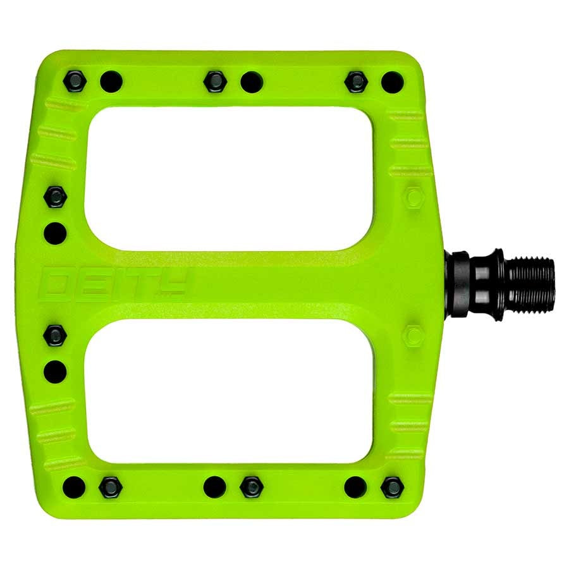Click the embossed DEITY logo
(x=114, y=284)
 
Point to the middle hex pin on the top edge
(x=215, y=80)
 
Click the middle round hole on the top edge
(x=250, y=81)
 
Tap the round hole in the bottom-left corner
(x=75, y=486)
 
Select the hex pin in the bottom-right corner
(x=392, y=486)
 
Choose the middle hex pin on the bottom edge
(x=251, y=486)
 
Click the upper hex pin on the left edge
(x=55, y=197)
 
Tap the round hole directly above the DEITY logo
(x=55, y=233)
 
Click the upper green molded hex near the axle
(x=415, y=197)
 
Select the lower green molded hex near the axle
(x=415, y=335)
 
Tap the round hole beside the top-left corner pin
(x=110, y=81)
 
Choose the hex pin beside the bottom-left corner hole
(x=110, y=486)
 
